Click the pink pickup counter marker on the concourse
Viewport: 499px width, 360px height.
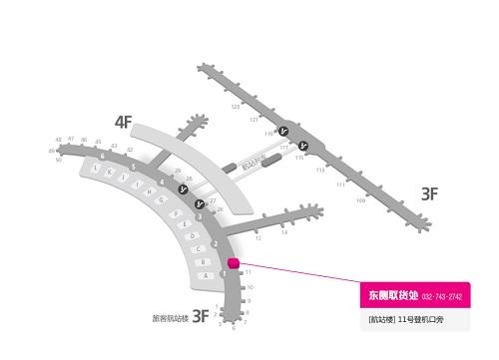(234, 263)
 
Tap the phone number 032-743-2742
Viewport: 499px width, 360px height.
(442, 297)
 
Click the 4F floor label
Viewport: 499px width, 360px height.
(123, 123)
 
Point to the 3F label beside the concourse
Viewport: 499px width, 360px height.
(428, 194)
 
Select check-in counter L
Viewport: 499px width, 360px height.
(93, 170)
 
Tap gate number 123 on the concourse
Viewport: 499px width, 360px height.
(236, 106)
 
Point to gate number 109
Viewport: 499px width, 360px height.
(360, 200)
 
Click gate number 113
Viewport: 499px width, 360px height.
(320, 171)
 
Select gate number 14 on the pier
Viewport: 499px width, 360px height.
(283, 232)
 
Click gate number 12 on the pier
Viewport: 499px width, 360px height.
(257, 238)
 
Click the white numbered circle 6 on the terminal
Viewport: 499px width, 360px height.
(102, 157)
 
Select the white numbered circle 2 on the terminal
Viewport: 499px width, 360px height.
(216, 244)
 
